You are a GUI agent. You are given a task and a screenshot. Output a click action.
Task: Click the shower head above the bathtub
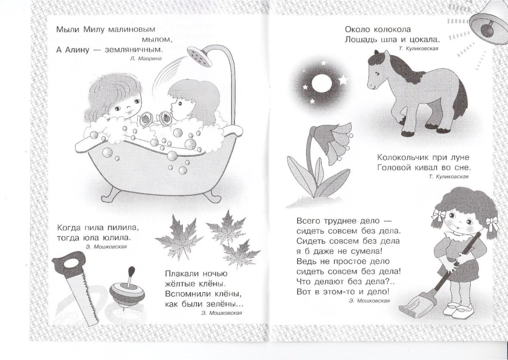(200, 56)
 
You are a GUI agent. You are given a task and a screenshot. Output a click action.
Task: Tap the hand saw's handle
(69, 263)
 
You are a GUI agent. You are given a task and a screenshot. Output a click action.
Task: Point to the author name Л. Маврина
(146, 58)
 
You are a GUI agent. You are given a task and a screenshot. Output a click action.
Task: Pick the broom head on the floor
(418, 305)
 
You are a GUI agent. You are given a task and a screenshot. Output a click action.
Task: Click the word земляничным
(134, 50)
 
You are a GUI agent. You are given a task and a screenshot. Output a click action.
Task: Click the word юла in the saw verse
(91, 238)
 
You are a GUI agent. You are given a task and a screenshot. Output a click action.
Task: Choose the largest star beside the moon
(343, 80)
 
